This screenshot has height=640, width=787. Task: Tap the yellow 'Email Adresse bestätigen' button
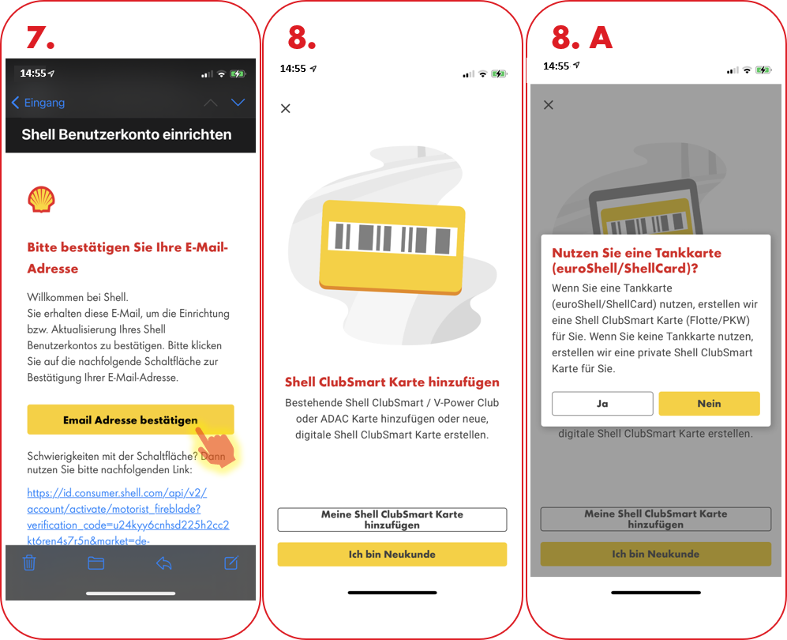click(x=130, y=420)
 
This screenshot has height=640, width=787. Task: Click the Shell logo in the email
click(x=41, y=199)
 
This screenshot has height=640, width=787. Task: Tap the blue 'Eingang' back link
click(x=38, y=103)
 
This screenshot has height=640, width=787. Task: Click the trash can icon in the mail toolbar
click(x=29, y=563)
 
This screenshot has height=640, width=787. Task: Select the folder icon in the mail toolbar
click(x=96, y=563)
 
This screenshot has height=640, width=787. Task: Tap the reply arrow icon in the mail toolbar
click(x=164, y=563)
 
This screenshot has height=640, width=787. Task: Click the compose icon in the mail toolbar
click(x=231, y=563)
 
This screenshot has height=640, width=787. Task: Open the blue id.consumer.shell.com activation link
click(x=128, y=517)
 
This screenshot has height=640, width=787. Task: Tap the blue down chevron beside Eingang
click(x=238, y=103)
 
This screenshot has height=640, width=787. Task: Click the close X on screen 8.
click(x=286, y=108)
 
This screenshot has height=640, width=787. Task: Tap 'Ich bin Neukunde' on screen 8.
click(x=392, y=554)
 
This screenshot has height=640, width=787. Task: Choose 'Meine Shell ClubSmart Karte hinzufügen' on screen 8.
click(x=392, y=519)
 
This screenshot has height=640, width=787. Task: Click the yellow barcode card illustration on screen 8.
click(x=392, y=247)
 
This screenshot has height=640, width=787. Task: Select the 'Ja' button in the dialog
click(x=602, y=404)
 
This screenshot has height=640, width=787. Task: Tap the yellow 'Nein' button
click(x=709, y=404)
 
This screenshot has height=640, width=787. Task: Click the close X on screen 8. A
click(x=549, y=105)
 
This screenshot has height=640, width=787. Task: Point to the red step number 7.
click(x=40, y=38)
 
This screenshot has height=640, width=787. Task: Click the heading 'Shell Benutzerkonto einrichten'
click(x=126, y=134)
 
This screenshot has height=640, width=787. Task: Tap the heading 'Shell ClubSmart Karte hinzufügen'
click(x=392, y=382)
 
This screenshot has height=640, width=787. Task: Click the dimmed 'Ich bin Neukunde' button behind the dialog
click(x=655, y=554)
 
